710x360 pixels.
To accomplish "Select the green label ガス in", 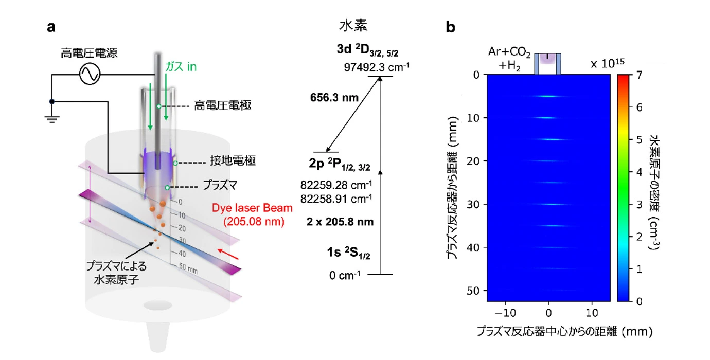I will pos(181,67).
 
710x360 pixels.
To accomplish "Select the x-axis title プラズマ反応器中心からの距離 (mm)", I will pos(565,331).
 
